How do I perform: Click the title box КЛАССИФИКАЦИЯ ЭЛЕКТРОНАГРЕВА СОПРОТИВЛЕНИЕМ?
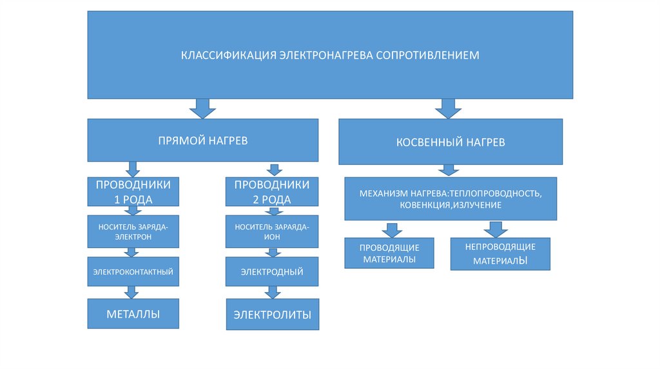coord(330,55)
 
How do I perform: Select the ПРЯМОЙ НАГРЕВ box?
coord(203,140)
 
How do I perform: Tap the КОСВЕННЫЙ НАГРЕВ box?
coord(451,142)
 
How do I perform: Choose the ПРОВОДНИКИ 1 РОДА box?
coord(133,191)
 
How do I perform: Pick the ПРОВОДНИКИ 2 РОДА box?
coord(271,191)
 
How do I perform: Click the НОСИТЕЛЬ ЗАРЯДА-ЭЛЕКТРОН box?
coord(133,231)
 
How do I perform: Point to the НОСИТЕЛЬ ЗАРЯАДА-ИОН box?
coord(271,231)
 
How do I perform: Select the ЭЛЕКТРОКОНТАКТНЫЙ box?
coord(133,271)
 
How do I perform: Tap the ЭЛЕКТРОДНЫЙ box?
coord(272,271)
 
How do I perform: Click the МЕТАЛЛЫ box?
coord(133,314)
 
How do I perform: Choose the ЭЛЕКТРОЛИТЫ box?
coord(272,315)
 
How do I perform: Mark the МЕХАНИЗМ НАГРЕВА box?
coord(451,199)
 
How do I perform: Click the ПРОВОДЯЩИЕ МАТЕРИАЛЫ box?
coord(389,253)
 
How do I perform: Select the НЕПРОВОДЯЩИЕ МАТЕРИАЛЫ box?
coord(500,253)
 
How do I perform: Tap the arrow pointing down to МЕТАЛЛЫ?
coord(132,292)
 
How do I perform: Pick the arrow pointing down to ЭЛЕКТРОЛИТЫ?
coord(273,292)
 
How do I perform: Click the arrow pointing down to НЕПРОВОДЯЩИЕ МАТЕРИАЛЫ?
coord(495,229)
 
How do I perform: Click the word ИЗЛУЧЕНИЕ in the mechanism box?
coord(478,204)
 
